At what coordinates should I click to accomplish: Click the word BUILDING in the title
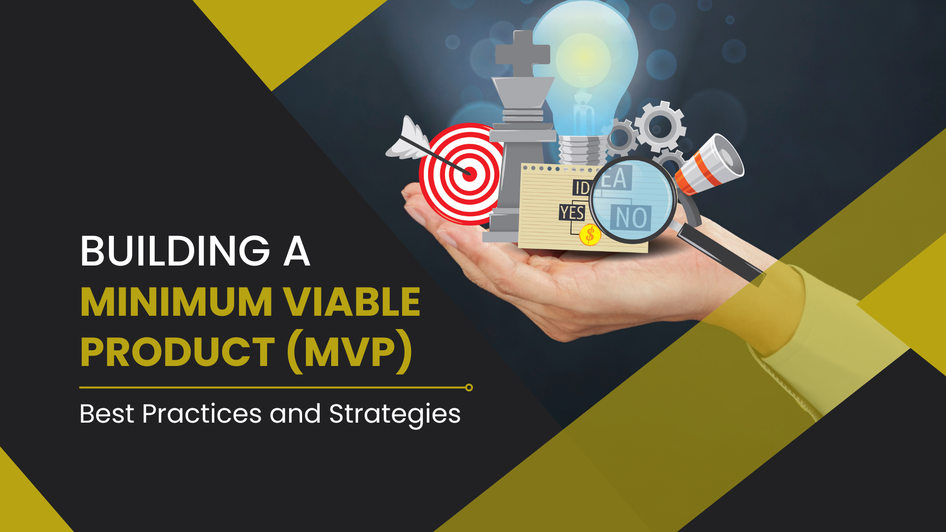[x=175, y=251]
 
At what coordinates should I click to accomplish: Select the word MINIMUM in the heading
[x=176, y=302]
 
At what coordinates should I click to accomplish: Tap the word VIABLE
[x=351, y=302]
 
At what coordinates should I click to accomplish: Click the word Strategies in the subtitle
[x=395, y=414]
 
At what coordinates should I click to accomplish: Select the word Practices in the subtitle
[x=202, y=414]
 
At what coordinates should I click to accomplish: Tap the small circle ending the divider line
[x=469, y=388]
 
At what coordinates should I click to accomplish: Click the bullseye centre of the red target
[x=470, y=173]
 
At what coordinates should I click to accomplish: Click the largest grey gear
[x=660, y=127]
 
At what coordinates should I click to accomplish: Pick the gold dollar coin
[x=590, y=235]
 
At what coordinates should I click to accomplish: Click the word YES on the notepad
[x=572, y=213]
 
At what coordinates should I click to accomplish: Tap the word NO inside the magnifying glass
[x=631, y=218]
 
